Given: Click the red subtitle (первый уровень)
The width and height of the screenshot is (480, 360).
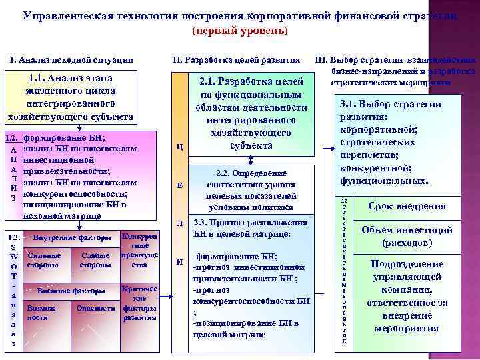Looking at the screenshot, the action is pos(239,31).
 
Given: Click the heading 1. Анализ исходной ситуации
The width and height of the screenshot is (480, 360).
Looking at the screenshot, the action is pos(71,60).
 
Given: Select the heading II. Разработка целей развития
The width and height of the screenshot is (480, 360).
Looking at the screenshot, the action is pos(236,60).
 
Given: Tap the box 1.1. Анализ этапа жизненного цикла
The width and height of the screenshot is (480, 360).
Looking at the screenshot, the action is pos(70,98).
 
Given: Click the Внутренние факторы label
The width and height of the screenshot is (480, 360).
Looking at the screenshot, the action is pos(72,238).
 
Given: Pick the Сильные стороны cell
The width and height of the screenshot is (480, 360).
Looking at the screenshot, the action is pos(44,260).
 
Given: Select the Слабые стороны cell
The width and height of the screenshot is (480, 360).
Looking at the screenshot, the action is pos(95,260).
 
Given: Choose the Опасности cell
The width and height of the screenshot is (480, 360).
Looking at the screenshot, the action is pos(95,308).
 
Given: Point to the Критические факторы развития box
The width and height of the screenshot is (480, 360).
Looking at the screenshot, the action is pos(140,303).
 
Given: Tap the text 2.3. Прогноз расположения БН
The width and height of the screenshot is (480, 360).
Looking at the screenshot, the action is pos(250,229).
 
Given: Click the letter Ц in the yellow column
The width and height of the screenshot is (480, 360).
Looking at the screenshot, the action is pos(179,147).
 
